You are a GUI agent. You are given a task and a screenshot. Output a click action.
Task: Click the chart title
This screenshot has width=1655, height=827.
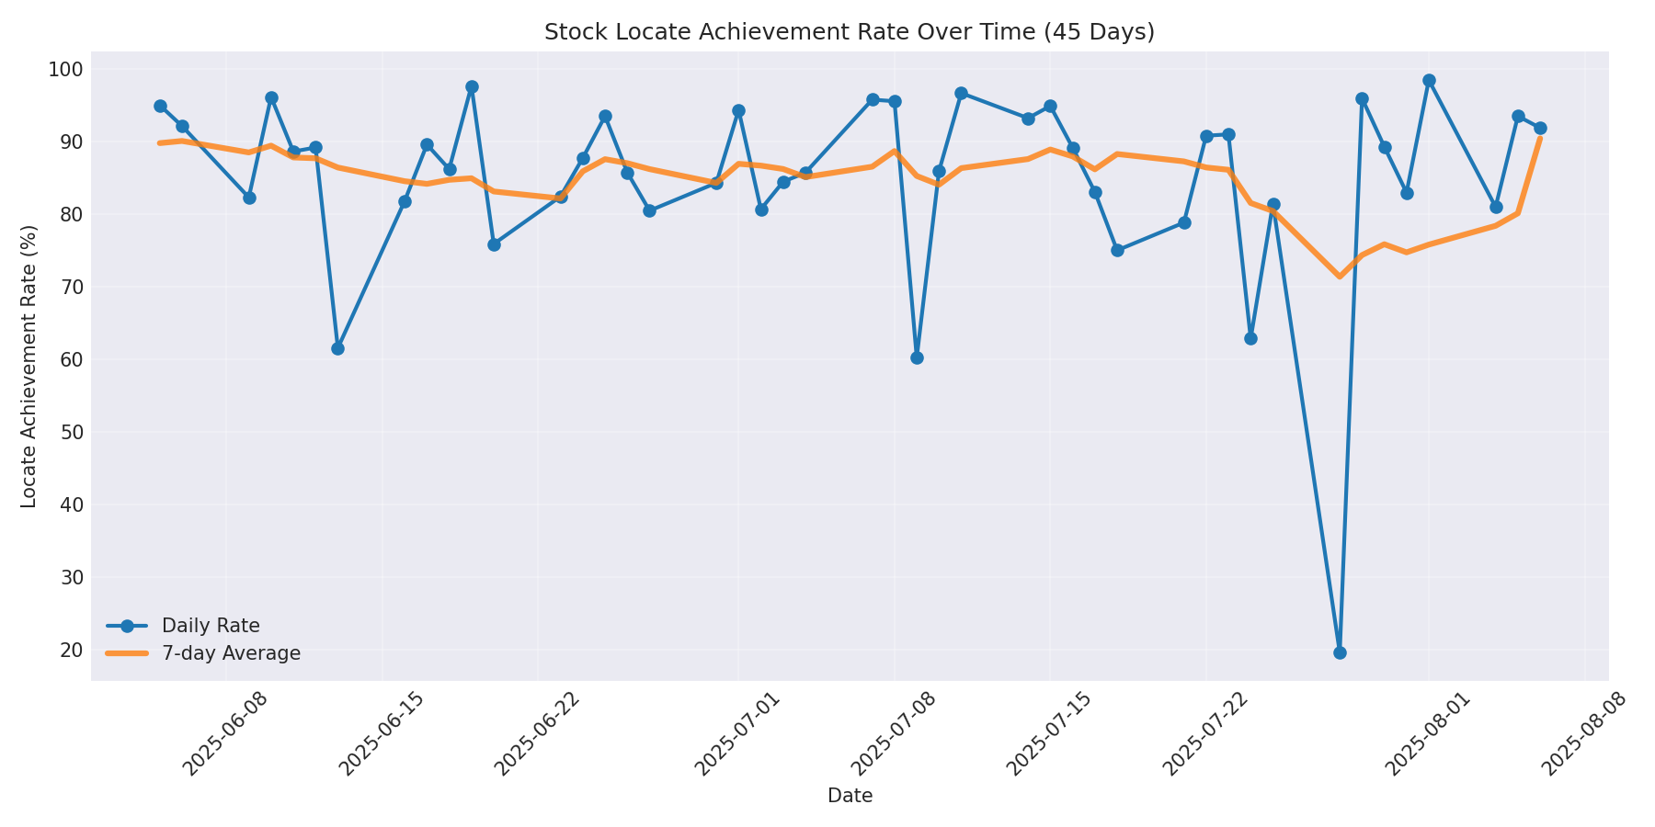click(x=849, y=32)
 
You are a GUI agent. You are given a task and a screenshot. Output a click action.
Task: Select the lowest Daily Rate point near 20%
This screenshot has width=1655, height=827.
click(x=1340, y=652)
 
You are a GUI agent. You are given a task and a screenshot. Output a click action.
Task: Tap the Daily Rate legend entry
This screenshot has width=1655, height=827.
click(x=211, y=626)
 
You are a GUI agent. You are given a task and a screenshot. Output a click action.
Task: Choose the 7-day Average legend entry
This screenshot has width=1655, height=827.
click(x=231, y=653)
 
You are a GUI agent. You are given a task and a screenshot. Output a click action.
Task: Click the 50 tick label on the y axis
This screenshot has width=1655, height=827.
click(x=71, y=432)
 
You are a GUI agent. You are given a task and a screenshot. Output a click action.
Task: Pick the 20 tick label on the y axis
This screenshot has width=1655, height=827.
click(x=71, y=650)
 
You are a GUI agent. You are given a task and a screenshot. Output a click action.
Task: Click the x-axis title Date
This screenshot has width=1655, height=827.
click(x=850, y=796)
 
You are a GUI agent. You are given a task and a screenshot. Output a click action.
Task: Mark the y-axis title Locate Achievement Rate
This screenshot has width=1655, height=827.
click(x=29, y=366)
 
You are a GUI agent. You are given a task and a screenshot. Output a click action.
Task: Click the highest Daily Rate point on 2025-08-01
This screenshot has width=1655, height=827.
click(x=1429, y=81)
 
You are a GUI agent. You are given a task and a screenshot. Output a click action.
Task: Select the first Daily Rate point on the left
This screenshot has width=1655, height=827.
click(x=160, y=106)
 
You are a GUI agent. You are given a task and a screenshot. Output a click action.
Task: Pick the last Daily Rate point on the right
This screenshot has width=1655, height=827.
click(x=1540, y=128)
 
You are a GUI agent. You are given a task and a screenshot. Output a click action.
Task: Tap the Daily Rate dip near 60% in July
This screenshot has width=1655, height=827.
click(x=917, y=357)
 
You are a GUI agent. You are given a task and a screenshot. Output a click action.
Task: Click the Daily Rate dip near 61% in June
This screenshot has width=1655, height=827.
click(x=337, y=348)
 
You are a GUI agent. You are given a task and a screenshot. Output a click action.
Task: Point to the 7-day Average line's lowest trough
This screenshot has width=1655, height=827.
click(x=1340, y=276)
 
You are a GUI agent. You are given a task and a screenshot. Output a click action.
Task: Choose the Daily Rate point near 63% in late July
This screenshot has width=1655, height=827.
click(x=1250, y=338)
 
